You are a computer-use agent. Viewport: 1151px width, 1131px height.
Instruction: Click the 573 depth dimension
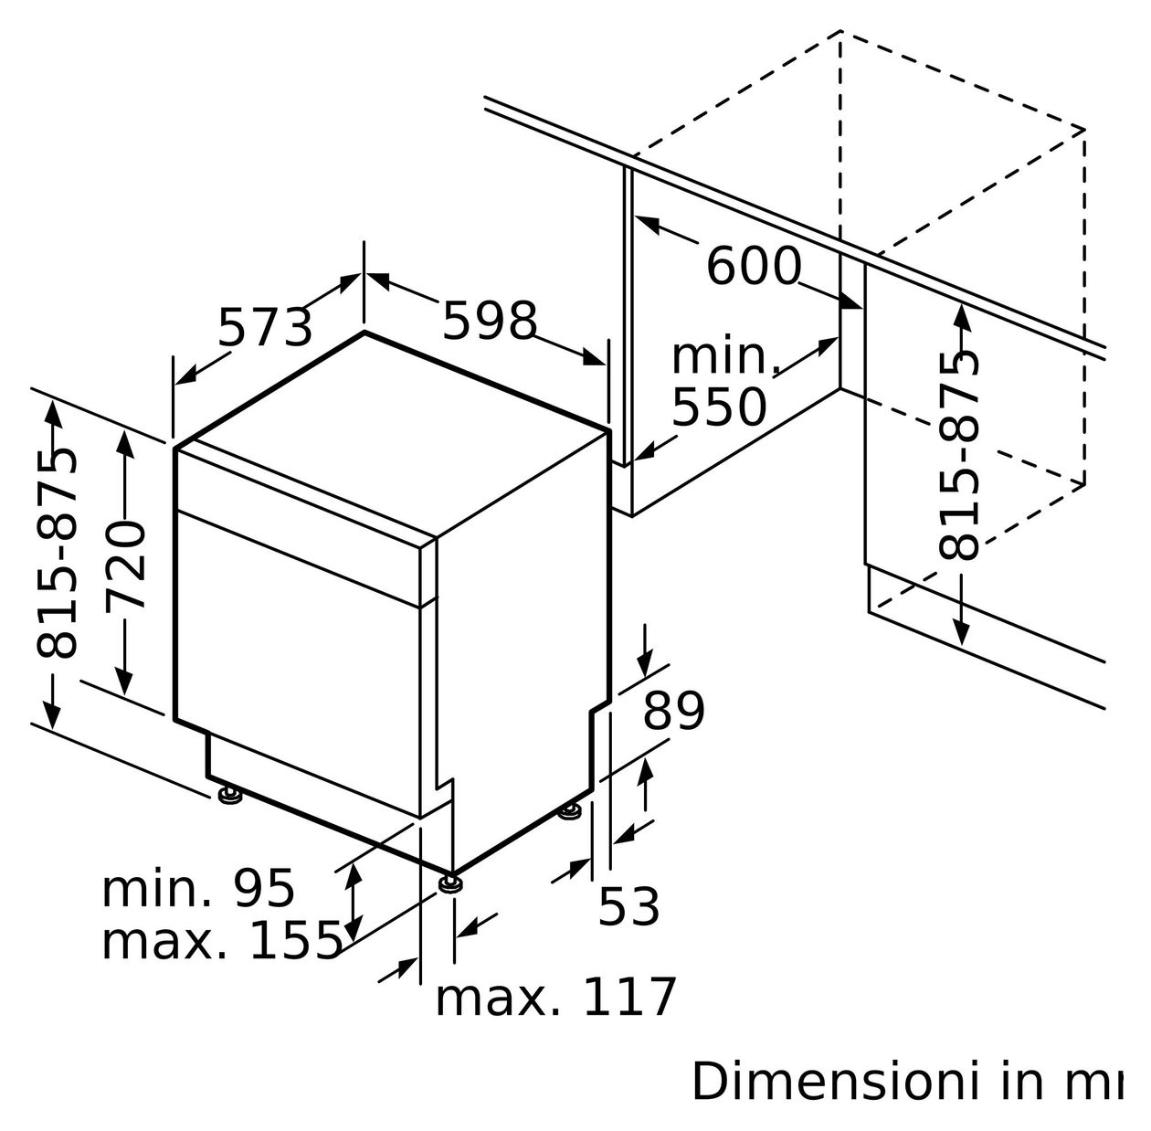coord(265,326)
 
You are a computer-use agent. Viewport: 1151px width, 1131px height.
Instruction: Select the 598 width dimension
coord(490,321)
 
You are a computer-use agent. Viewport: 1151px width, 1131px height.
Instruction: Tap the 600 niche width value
coord(754,267)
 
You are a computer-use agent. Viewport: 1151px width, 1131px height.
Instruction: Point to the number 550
coord(719,407)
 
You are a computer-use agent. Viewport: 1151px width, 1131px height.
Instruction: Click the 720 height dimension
coord(125,565)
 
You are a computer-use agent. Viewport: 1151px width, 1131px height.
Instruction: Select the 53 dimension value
coord(628,907)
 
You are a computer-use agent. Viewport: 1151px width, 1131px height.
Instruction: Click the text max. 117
coord(555,997)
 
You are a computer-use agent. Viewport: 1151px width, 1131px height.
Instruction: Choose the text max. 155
coord(221,941)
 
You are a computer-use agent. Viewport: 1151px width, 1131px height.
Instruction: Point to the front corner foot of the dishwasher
coord(449,883)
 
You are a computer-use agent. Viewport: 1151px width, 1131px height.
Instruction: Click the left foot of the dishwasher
coord(229,796)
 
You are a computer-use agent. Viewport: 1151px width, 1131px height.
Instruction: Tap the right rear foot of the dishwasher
coord(572,809)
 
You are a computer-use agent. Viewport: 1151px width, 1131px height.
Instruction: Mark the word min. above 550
coord(724,357)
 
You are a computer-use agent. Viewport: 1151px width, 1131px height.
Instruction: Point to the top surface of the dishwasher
coord(393,429)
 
